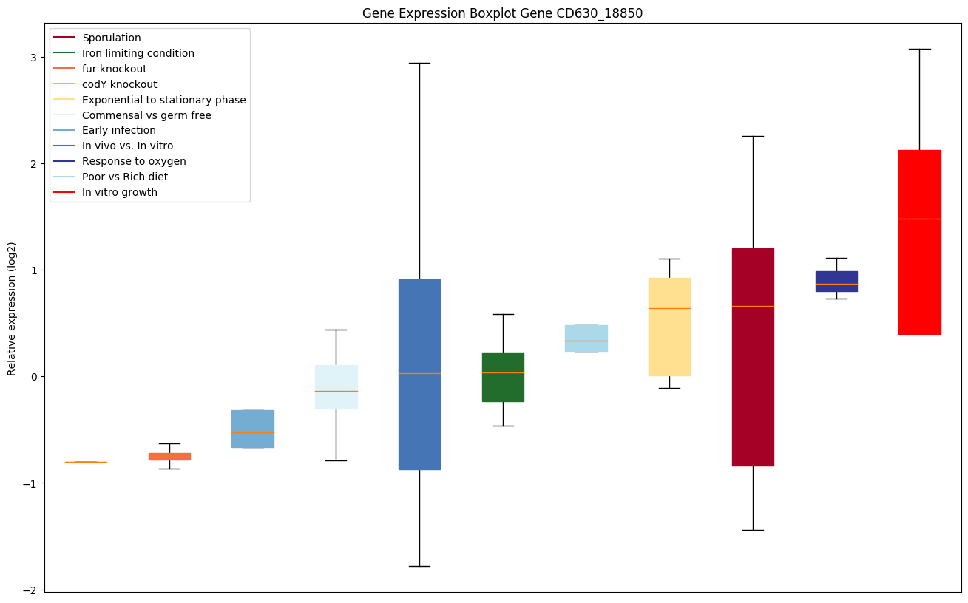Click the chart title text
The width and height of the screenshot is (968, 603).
[502, 13]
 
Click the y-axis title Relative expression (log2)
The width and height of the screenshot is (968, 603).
[12, 308]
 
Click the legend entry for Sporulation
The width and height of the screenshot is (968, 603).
[112, 38]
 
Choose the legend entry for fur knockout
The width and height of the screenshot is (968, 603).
[115, 69]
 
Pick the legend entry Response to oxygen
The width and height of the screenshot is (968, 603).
[134, 161]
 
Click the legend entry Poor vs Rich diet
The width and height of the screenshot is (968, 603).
[125, 177]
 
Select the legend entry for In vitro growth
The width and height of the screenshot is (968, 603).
[120, 192]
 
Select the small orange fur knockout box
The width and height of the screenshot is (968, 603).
[169, 457]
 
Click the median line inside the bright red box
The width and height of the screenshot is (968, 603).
[919, 219]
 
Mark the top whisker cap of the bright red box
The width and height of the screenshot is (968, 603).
[919, 49]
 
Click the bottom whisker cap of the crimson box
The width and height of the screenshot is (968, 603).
[753, 530]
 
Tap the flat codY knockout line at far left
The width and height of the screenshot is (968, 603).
[86, 462]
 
